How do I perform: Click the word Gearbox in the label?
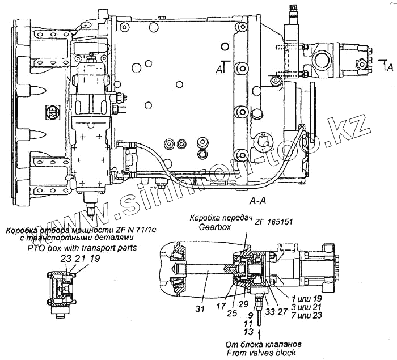[x=214, y=227]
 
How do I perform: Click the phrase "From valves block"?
[x=260, y=353]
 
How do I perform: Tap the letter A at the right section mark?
[x=388, y=67]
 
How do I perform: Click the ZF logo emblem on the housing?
[x=52, y=112]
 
